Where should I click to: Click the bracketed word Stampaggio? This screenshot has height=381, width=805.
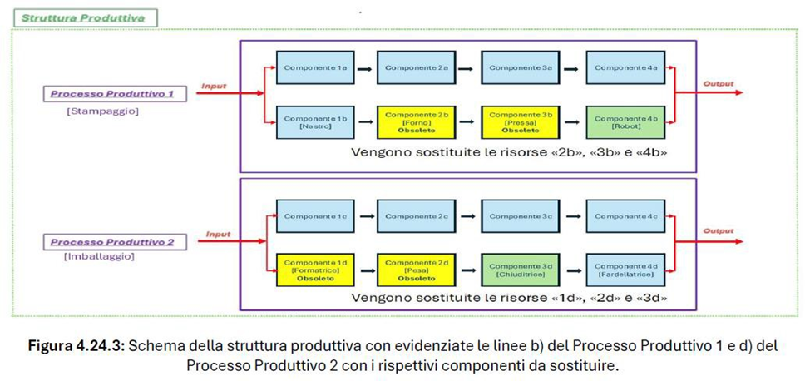coord(102,111)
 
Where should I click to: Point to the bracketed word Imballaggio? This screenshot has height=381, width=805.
coord(99,257)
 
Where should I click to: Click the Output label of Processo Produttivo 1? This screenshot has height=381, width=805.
coord(719,84)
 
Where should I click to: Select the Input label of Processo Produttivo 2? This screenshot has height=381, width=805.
coord(217,235)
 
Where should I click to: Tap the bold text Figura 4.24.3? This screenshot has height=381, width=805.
coord(77,346)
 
